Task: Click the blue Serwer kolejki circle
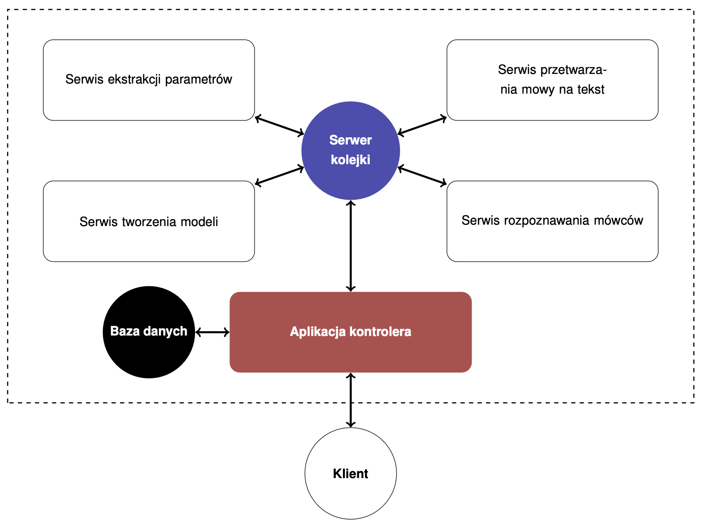point(351,151)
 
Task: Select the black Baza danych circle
point(149,332)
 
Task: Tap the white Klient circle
point(351,473)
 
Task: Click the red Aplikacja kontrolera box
point(351,332)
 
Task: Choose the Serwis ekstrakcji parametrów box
point(149,80)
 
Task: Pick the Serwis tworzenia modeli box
point(149,221)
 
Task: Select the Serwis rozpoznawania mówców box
point(552,221)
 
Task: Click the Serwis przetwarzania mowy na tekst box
point(552,80)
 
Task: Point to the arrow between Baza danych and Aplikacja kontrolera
point(212,332)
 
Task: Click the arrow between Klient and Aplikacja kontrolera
point(351,400)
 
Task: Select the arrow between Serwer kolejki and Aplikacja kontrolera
point(351,246)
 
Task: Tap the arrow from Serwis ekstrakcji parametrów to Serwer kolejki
point(280,125)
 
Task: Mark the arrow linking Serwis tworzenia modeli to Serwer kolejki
point(280,176)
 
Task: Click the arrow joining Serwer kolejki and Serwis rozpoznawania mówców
point(422,176)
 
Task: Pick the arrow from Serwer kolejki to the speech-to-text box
point(422,125)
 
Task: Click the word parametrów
point(198,80)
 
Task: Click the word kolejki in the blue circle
point(351,159)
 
